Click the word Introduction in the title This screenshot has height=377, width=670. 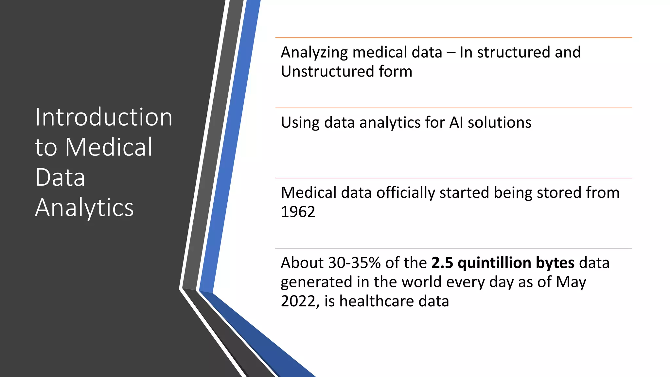pos(104,117)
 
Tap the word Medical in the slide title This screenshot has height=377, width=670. pos(109,147)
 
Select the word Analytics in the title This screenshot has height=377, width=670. pos(84,207)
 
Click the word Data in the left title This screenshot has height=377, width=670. pos(60,177)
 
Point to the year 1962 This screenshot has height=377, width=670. pos(298,212)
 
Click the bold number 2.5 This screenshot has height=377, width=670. pos(442,263)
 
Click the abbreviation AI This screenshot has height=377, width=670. pos(456,123)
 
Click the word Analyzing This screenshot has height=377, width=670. pos(314,53)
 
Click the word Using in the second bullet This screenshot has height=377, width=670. pos(300,123)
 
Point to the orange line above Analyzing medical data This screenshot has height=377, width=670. pos(453,38)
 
